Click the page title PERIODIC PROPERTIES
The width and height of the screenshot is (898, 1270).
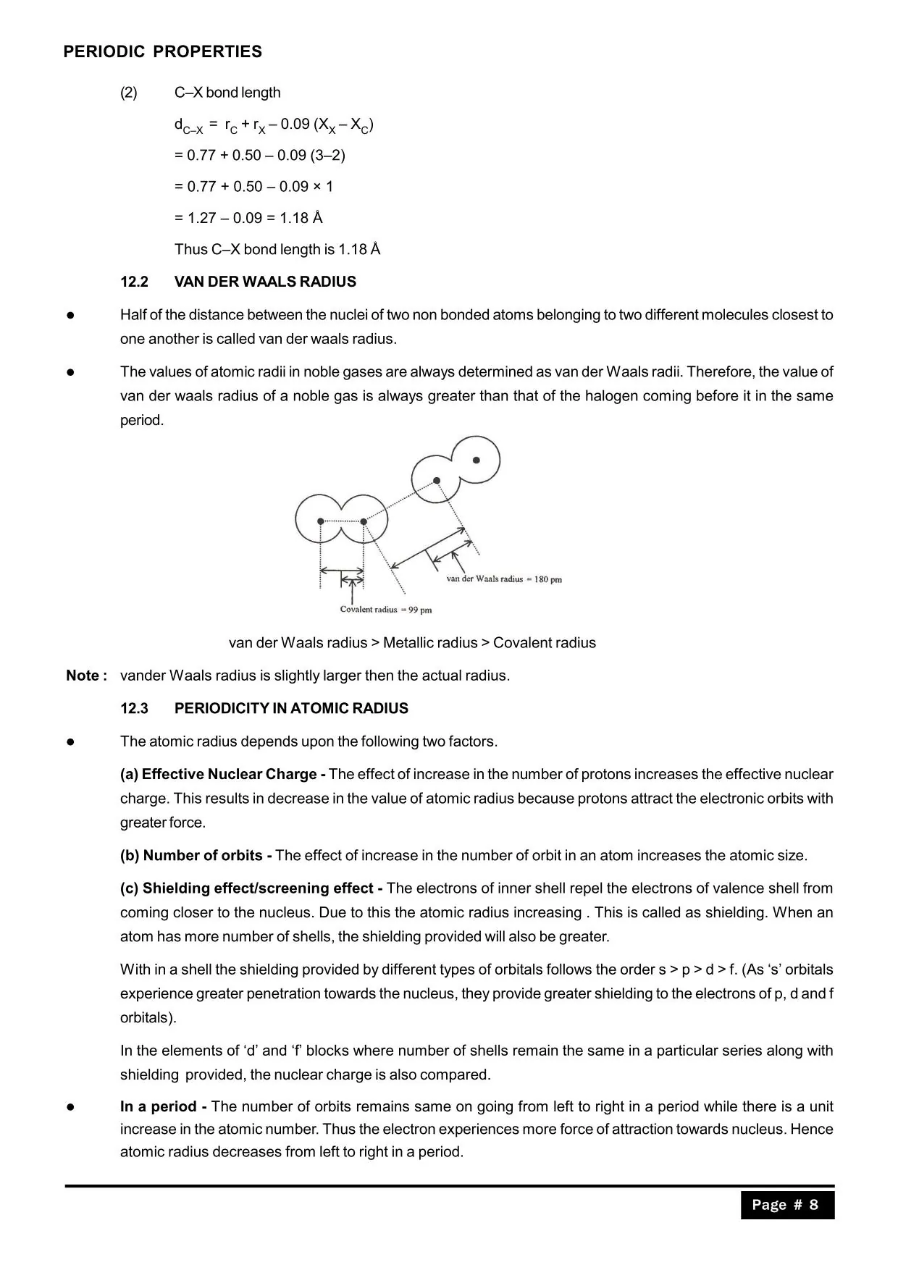coord(162,52)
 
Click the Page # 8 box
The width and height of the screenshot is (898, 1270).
coord(786,1205)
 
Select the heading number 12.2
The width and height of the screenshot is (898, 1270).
coord(134,282)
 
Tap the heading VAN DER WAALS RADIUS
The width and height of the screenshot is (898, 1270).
coord(265,282)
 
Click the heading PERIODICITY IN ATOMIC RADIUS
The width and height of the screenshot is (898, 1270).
coord(291,708)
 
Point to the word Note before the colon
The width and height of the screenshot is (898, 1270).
coord(82,676)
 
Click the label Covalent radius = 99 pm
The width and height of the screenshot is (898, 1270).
coord(385,610)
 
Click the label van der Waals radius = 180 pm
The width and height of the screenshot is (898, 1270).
coord(504,579)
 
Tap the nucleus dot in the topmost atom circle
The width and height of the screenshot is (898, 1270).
coord(476,460)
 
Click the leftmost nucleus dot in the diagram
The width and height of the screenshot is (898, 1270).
coord(321,521)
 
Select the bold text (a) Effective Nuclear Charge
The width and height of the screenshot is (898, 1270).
coord(222,774)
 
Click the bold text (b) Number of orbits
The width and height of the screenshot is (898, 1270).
coord(196,855)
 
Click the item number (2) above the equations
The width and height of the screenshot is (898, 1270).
coord(129,93)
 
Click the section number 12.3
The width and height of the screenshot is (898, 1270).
coord(134,708)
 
